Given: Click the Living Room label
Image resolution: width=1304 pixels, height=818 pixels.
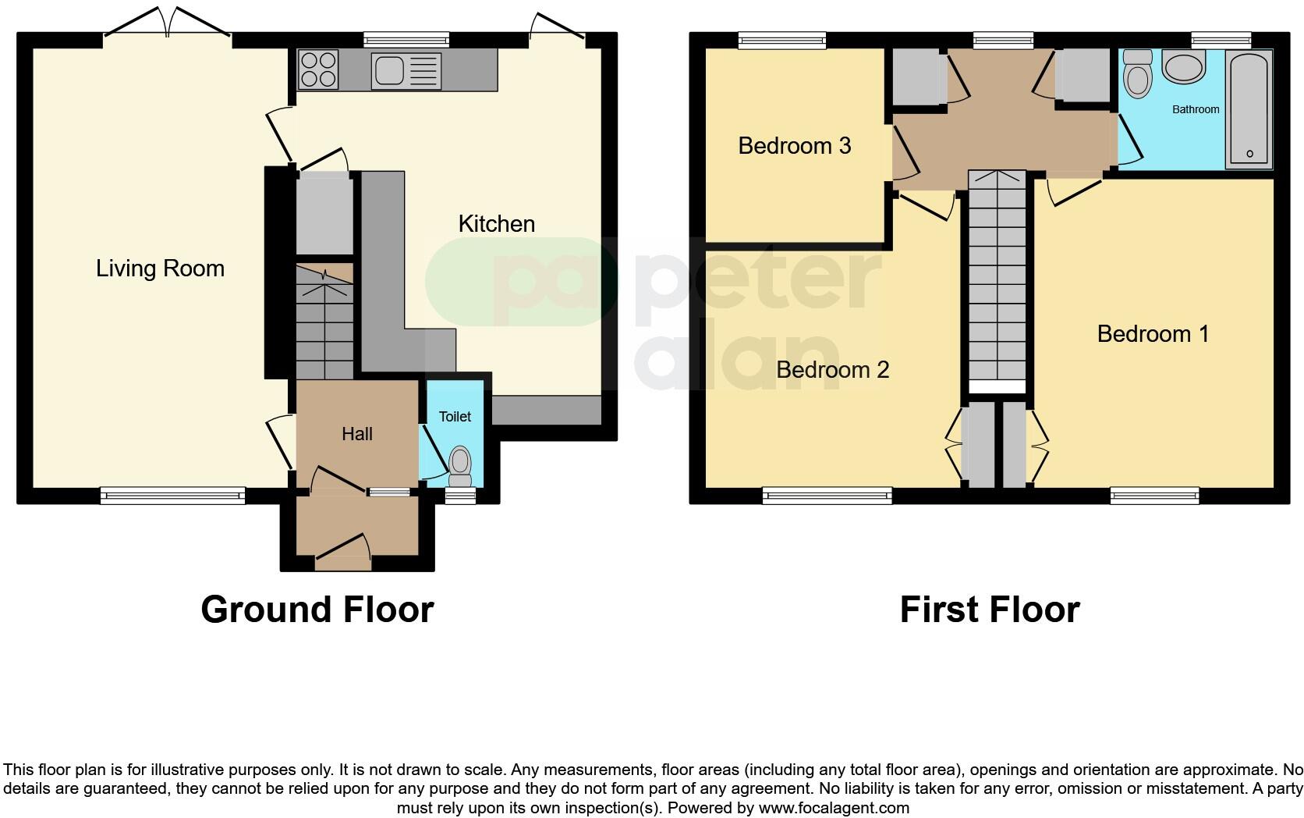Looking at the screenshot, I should click(x=160, y=269).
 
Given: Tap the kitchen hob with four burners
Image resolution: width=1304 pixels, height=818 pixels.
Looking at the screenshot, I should click(x=318, y=69).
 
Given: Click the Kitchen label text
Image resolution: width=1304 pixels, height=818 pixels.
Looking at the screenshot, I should click(x=496, y=224).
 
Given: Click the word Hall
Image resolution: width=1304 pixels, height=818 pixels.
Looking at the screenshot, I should click(x=356, y=434).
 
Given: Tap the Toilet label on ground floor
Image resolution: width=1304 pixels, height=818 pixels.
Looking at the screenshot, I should click(x=455, y=417).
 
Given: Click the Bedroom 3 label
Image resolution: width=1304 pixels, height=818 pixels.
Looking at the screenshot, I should click(x=794, y=146).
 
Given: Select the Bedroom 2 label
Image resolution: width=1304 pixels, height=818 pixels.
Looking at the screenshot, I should click(x=832, y=369).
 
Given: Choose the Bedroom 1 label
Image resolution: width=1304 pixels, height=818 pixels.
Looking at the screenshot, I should click(x=1152, y=334).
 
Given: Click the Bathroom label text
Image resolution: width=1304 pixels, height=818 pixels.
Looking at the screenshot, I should click(x=1195, y=109).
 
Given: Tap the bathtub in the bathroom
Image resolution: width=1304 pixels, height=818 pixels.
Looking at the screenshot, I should click(x=1249, y=109).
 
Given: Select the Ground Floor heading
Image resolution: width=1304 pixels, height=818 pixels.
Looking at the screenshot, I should click(x=317, y=609).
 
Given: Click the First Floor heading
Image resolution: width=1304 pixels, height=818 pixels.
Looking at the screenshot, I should click(x=989, y=609).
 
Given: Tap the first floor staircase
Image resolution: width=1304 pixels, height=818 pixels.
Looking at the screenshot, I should click(x=997, y=281).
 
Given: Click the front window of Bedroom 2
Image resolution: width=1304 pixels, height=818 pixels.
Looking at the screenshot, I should click(x=827, y=494).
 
